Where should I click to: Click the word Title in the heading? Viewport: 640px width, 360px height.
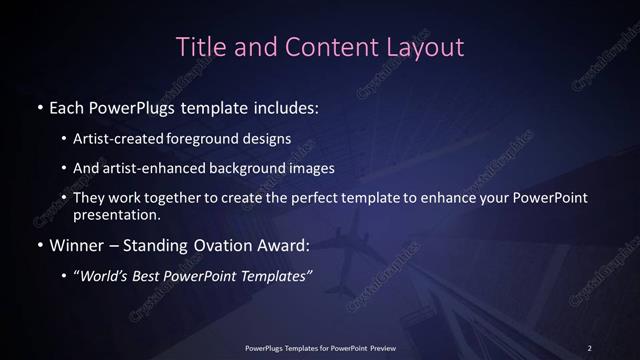click(198, 46)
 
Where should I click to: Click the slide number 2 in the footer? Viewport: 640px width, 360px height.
click(590, 347)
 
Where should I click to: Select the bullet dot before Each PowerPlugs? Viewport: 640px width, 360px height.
click(39, 108)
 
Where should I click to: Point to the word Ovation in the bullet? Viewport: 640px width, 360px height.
click(221, 244)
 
